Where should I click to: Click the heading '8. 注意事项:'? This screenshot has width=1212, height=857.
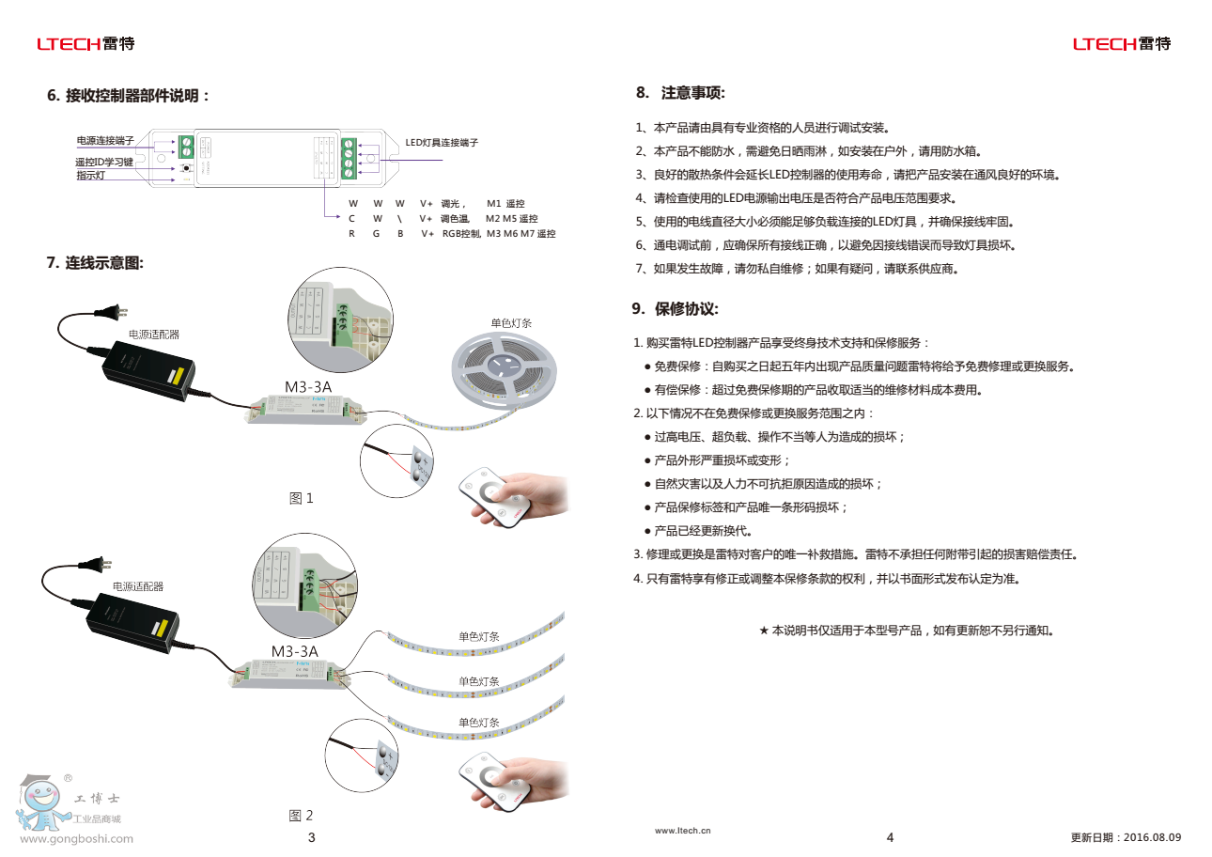point(679,93)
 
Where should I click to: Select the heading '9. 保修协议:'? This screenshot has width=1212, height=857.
point(676,309)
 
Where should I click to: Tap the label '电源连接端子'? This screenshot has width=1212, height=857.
point(104,141)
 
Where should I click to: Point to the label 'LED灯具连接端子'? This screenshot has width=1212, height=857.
point(442,143)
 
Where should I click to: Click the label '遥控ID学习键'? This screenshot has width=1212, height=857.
point(104,163)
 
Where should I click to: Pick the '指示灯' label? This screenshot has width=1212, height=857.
point(91,176)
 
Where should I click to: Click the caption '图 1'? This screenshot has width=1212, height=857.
point(301,498)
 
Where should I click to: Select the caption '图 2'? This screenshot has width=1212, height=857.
point(301,816)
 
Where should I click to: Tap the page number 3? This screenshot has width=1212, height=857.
point(312,837)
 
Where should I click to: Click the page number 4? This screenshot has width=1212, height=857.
point(891,837)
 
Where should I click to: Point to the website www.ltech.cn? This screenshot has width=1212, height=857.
point(683,831)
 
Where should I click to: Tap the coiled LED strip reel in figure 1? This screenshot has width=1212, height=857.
point(504,371)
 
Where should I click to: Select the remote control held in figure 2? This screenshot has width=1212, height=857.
point(493,780)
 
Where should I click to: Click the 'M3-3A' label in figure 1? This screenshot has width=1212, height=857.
point(307,385)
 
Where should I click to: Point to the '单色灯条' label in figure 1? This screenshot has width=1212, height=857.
point(511,323)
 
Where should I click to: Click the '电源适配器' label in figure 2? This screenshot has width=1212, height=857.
point(138,586)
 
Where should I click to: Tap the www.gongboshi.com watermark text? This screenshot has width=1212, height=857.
point(77,839)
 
